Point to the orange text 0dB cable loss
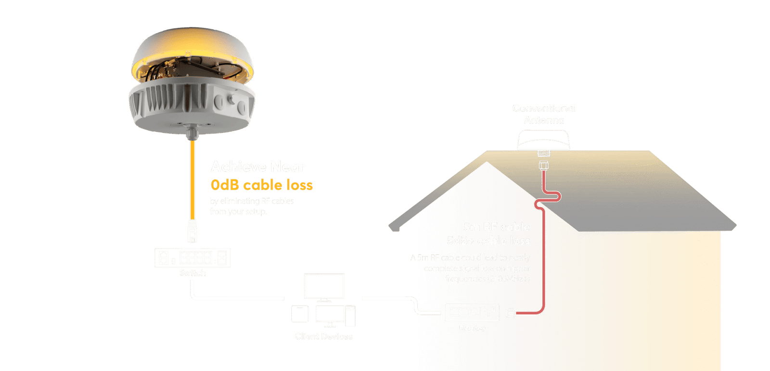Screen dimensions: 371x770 click(262, 185)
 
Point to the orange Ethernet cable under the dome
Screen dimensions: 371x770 click(192, 178)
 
